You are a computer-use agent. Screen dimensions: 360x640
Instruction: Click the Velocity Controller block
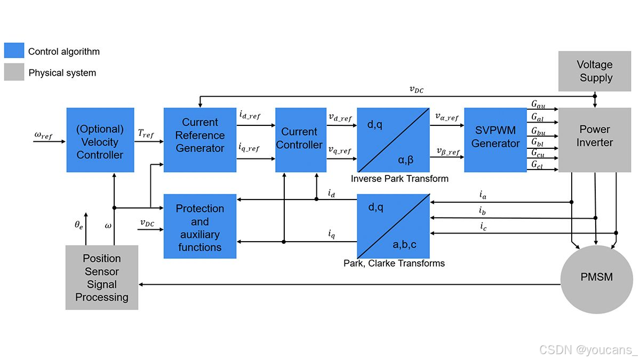point(100,140)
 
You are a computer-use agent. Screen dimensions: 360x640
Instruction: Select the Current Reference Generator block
point(200,140)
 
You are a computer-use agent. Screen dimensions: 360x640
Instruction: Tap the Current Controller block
point(300,140)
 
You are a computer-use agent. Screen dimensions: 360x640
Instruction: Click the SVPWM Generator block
point(495,140)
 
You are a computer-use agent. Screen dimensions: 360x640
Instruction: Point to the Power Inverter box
point(595,137)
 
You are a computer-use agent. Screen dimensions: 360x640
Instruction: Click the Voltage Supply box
point(595,71)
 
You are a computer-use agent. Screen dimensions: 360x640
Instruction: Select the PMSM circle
point(596,277)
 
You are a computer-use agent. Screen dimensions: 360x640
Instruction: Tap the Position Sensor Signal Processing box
point(101,277)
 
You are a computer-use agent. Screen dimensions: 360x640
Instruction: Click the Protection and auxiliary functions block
point(199,227)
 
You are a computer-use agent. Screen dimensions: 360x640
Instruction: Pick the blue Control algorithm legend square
point(14,51)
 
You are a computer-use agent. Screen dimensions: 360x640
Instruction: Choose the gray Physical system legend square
point(14,72)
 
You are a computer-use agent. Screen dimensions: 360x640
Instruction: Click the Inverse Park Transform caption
point(399,179)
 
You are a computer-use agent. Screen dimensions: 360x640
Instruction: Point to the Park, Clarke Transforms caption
point(394,263)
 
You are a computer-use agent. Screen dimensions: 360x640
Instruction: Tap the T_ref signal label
point(145,135)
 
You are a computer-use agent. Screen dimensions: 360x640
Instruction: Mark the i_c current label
point(483,227)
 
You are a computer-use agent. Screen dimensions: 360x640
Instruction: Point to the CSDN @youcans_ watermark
point(588,350)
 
